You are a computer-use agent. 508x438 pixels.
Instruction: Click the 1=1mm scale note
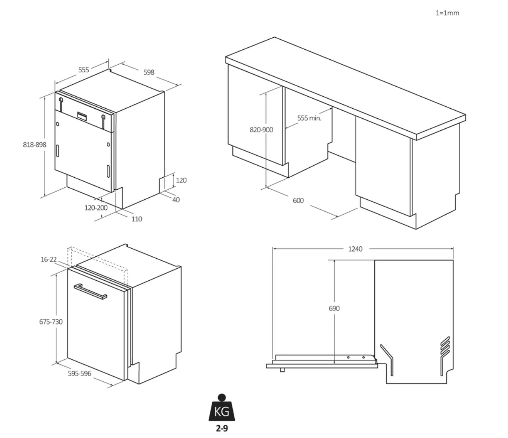tap(447, 13)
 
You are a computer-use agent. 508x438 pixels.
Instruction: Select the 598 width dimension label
tap(149, 72)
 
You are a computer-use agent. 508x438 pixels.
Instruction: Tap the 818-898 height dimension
tap(35, 145)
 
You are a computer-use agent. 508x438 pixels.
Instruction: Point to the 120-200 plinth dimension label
tap(96, 208)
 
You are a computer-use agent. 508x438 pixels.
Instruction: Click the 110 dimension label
tap(137, 219)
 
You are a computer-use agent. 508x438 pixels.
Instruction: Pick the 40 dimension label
tap(176, 200)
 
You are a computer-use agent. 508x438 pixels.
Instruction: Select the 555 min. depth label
tap(309, 118)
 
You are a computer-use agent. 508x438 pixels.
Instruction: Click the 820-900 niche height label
tap(262, 130)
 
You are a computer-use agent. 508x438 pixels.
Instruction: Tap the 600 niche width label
tap(298, 201)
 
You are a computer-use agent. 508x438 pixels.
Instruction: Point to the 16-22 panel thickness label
tap(49, 259)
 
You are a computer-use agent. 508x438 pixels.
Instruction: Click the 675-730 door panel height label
tap(51, 322)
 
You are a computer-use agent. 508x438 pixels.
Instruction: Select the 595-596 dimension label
tap(79, 373)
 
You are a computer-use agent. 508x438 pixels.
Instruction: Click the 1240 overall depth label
tap(356, 249)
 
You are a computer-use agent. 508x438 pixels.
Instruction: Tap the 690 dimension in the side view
tap(334, 308)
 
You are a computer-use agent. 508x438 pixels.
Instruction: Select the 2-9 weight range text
tap(222, 428)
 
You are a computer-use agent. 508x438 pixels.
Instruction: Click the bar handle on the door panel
tap(90, 292)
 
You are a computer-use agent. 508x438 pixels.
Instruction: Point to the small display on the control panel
tap(82, 116)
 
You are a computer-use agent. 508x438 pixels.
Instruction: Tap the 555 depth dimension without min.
tap(83, 70)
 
